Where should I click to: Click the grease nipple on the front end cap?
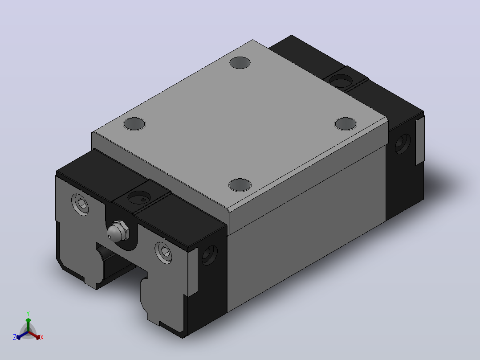118,231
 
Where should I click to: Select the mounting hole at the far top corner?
240,63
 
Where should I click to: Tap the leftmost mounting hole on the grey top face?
134,124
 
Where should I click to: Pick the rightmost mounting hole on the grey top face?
346,123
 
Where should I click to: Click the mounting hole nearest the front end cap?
240,185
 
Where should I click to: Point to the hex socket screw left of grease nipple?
80,205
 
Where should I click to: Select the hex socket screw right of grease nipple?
163,252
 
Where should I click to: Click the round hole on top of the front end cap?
139,198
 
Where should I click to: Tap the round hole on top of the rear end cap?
341,82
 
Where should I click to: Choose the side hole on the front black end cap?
210,255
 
